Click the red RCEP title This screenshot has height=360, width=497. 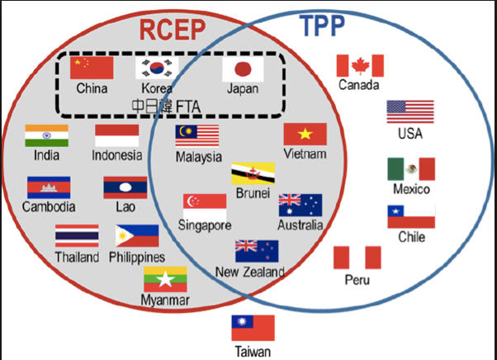(173, 30)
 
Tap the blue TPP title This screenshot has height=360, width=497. (322, 26)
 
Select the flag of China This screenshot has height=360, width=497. (92, 68)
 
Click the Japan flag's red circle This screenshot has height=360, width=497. (243, 69)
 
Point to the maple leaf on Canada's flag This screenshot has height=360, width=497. (361, 66)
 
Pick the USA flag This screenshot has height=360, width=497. (410, 111)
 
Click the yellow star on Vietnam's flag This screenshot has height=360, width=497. (305, 134)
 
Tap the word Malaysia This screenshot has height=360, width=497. (199, 157)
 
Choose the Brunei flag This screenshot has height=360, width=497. (253, 173)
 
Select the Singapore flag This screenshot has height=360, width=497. (205, 206)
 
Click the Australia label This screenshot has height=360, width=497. (301, 225)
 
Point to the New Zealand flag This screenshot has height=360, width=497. (257, 251)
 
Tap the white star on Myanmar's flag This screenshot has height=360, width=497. (165, 279)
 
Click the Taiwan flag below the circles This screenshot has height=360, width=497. (253, 328)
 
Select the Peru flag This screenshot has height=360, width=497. (357, 258)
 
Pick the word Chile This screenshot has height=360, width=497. (411, 237)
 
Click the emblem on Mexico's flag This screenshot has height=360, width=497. (411, 169)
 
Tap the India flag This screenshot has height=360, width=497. (46, 135)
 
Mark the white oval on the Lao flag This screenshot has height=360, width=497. (125, 187)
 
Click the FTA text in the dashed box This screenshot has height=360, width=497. (188, 107)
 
